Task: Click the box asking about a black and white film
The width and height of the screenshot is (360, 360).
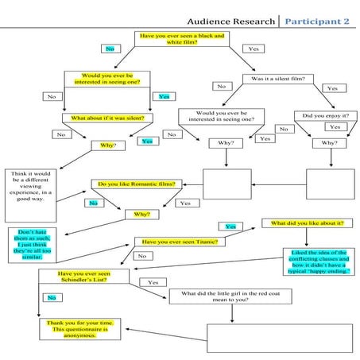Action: tap(181, 40)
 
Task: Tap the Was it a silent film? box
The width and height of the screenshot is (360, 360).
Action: tap(283, 79)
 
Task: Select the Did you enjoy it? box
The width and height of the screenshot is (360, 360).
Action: tap(325, 115)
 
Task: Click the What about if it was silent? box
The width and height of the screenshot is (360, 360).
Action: tap(107, 118)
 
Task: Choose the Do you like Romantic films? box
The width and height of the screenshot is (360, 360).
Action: tap(136, 184)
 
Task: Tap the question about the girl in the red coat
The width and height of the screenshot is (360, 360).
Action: tap(233, 296)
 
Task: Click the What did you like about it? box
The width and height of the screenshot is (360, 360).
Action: tap(308, 223)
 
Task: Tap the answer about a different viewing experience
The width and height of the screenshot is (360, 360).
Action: tap(32, 185)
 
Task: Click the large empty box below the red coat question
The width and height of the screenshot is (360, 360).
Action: tap(278, 338)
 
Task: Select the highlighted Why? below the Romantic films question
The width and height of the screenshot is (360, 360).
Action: tap(142, 215)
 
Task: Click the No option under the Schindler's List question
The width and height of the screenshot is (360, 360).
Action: tap(52, 297)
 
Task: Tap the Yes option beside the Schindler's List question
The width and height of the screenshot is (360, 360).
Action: tap(153, 282)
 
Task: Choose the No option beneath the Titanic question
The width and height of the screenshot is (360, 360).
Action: tap(141, 256)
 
